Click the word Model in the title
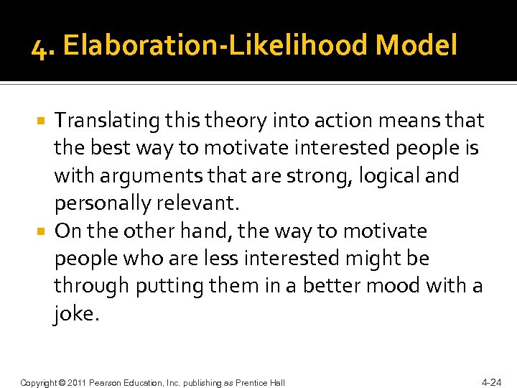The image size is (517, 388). (x=416, y=46)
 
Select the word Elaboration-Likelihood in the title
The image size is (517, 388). (x=215, y=46)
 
